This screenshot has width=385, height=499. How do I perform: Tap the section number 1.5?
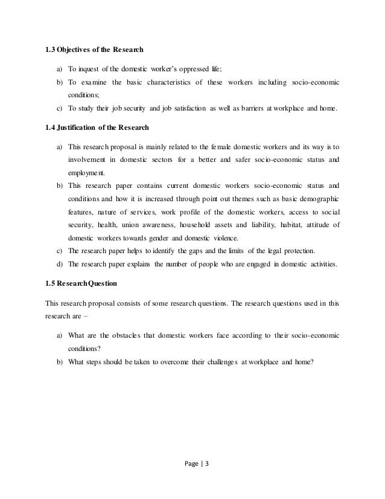tap(51, 282)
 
